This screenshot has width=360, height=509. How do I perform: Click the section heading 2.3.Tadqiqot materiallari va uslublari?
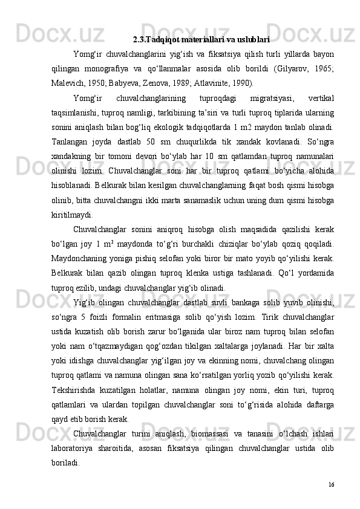coord(201,41)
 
